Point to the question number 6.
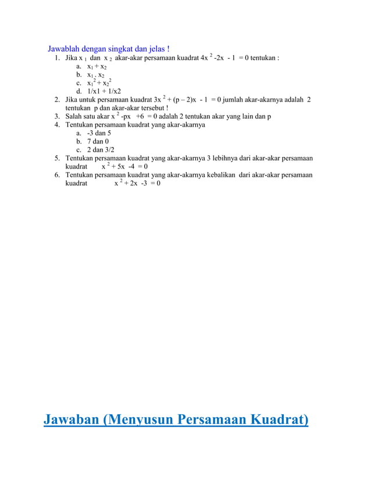(57, 175)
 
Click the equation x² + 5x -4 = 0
(124, 167)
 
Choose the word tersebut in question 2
(151, 108)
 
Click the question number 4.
(57, 125)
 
